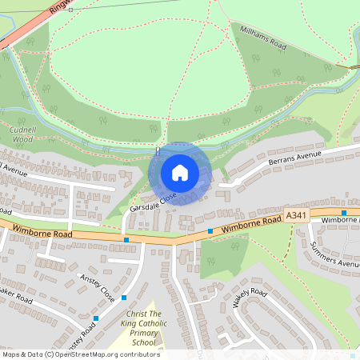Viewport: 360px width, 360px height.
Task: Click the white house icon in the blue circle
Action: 180,172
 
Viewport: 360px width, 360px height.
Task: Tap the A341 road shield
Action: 296,216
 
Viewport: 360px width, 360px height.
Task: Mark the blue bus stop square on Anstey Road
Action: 95,318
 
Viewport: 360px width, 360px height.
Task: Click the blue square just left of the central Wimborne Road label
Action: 210,231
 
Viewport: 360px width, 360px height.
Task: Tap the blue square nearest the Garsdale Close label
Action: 126,239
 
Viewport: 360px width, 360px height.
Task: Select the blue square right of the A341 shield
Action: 344,213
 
